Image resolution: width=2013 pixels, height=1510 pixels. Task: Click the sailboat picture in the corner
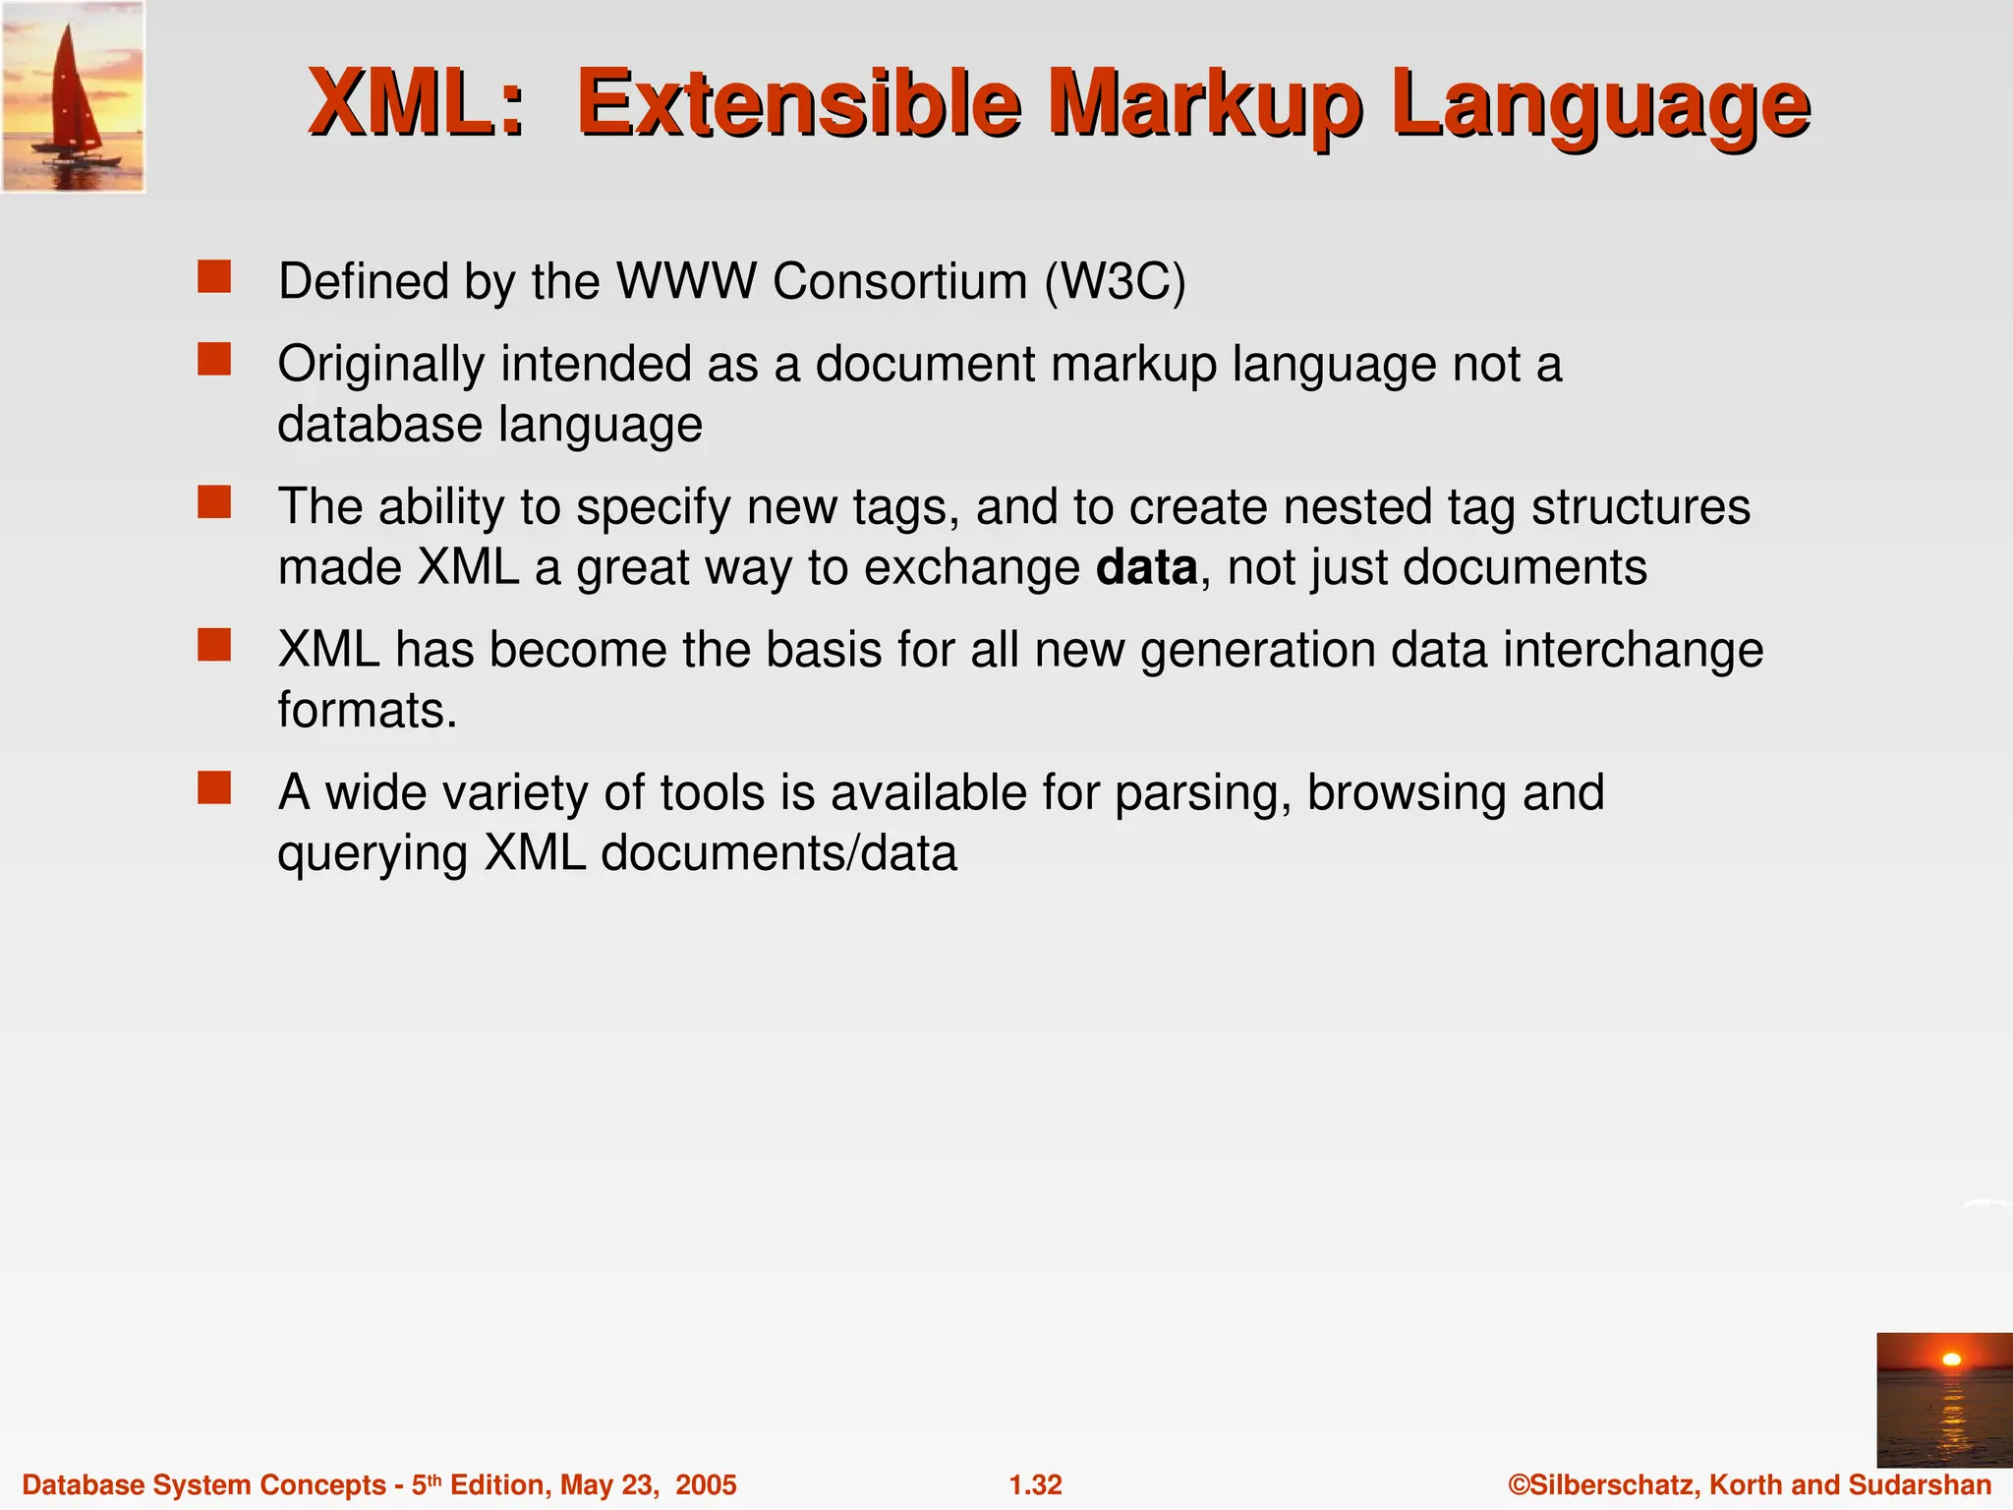click(x=73, y=96)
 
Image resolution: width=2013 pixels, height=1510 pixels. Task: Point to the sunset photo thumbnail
click(x=1943, y=1400)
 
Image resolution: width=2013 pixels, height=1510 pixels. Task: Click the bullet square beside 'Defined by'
click(x=214, y=278)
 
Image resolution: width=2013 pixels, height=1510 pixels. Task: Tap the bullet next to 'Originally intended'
click(x=214, y=360)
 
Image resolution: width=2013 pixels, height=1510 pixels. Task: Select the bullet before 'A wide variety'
click(x=214, y=788)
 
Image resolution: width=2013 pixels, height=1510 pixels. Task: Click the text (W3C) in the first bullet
click(x=1115, y=282)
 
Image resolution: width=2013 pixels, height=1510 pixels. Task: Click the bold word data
click(x=1146, y=568)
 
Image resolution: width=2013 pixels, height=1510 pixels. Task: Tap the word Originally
click(x=381, y=365)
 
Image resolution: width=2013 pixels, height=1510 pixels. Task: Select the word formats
click(x=367, y=710)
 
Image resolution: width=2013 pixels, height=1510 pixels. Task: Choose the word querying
click(x=372, y=854)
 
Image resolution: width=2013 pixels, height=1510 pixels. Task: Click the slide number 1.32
click(x=1036, y=1484)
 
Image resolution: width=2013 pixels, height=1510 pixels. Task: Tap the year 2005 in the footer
click(x=705, y=1484)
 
